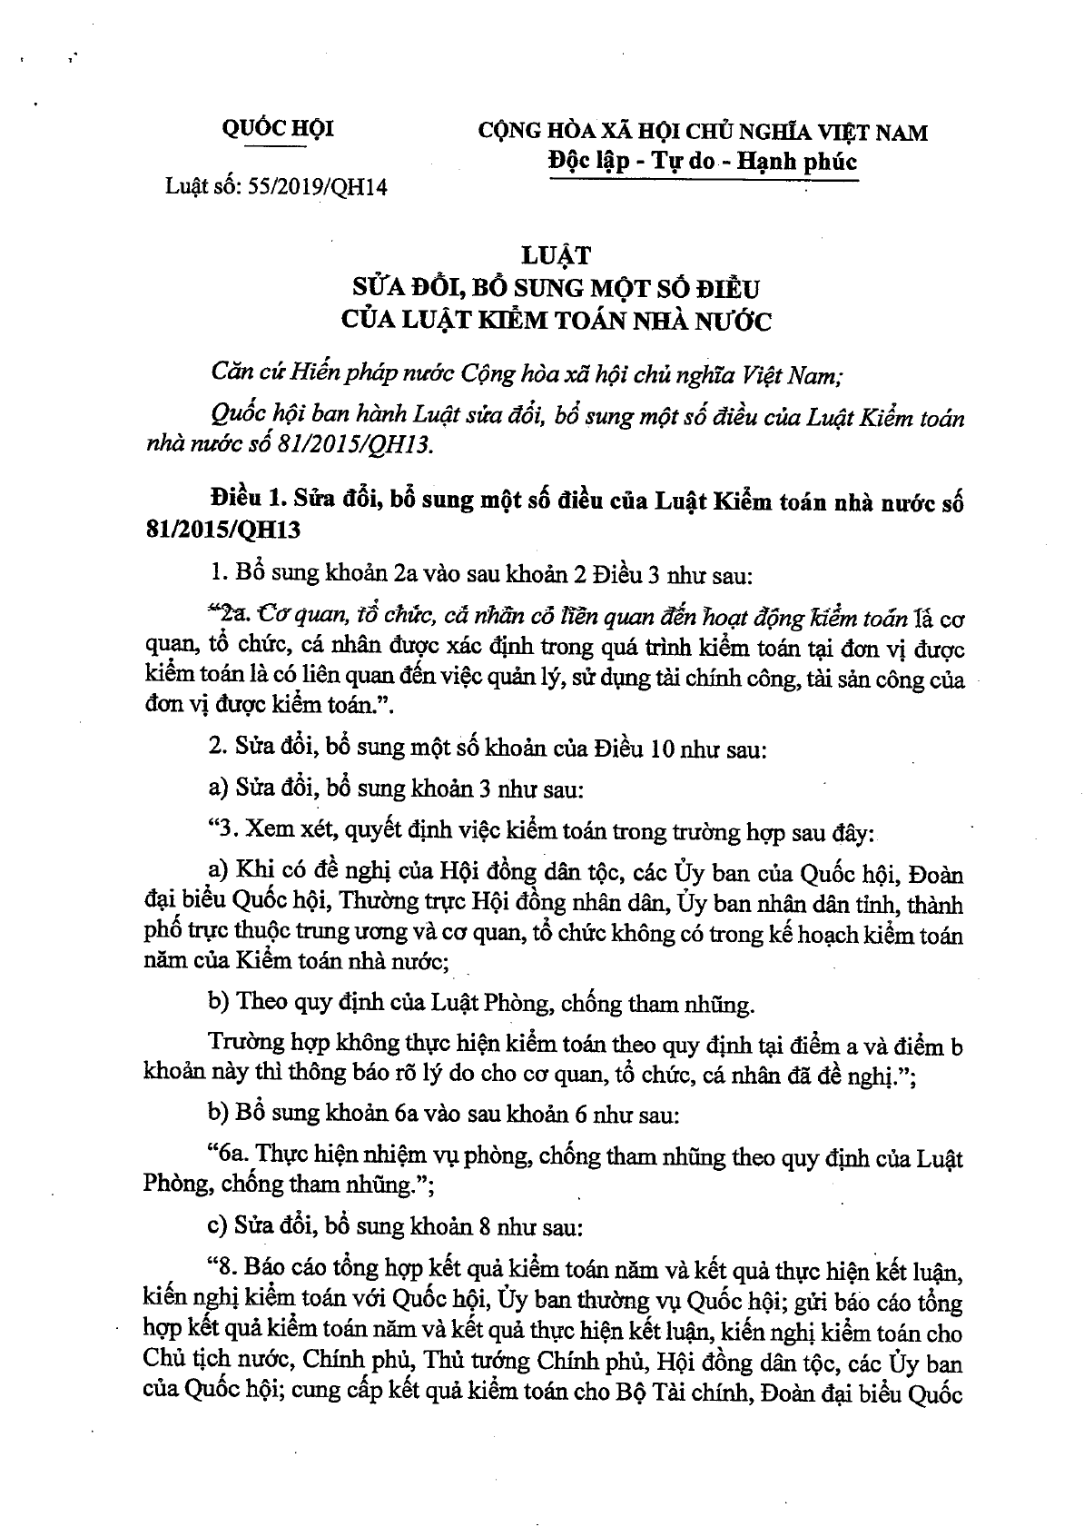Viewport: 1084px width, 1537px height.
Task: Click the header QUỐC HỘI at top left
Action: (x=278, y=129)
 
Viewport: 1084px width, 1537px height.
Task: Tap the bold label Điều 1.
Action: (x=243, y=501)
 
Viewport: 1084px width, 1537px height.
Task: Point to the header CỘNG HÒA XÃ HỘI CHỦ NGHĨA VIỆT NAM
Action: (x=702, y=133)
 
